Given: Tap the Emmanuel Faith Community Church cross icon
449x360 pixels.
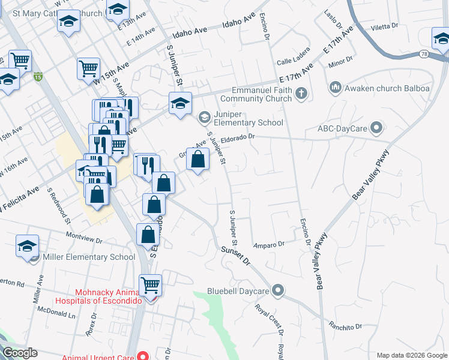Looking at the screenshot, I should coord(301,94).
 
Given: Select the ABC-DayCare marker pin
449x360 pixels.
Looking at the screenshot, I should coord(376,128).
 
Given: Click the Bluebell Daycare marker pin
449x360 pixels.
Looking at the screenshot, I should coord(277,291).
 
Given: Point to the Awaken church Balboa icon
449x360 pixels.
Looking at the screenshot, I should coord(335,89).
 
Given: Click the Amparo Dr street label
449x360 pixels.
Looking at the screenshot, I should coord(268,245).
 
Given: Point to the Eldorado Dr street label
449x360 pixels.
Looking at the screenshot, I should coord(238,137).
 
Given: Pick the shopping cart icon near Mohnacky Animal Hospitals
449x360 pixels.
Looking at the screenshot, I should coord(150,284).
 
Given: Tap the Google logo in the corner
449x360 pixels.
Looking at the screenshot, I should coord(20,353).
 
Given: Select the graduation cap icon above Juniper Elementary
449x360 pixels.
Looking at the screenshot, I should coord(180,104).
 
